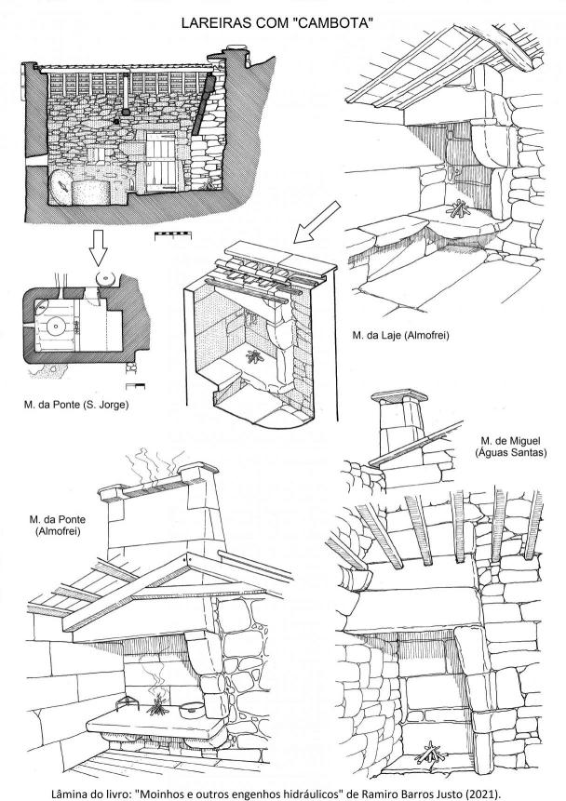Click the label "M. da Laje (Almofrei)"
tap(400, 336)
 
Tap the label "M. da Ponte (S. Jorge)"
tap(76, 405)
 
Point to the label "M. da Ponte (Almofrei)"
tap(58, 525)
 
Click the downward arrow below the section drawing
tap(98, 247)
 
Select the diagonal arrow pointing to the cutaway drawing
tap(317, 222)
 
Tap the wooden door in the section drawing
tap(160, 162)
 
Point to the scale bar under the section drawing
tap(173, 235)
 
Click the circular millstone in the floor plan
tap(55, 326)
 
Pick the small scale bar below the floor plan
tap(136, 386)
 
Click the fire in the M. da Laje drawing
tap(458, 208)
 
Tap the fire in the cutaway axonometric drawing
tap(254, 356)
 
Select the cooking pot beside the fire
tap(193, 709)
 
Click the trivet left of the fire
tap(127, 703)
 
